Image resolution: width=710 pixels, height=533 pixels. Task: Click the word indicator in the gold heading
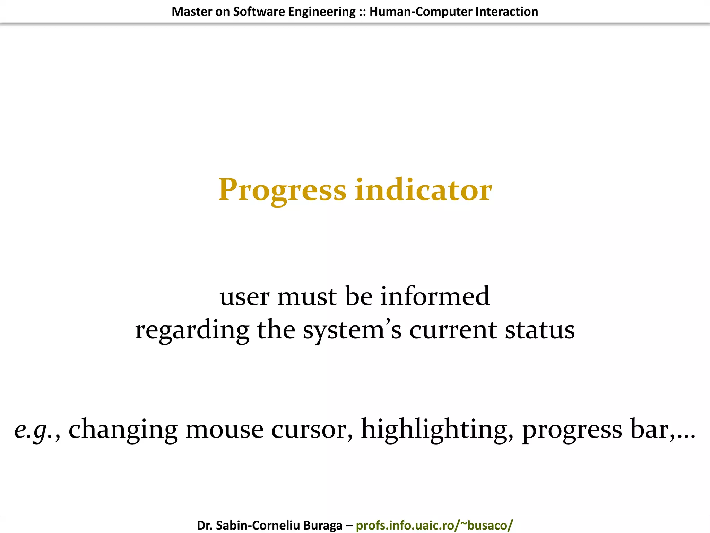click(x=423, y=190)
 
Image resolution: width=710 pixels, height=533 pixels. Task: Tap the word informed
click(x=435, y=296)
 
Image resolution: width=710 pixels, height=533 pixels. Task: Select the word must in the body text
click(x=307, y=297)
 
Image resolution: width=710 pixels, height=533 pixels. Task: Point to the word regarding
click(x=192, y=330)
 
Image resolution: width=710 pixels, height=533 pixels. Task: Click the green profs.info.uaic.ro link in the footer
click(x=434, y=525)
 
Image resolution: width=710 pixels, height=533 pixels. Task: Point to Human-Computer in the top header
click(x=421, y=11)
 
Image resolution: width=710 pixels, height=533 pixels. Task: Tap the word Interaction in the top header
click(x=506, y=11)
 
